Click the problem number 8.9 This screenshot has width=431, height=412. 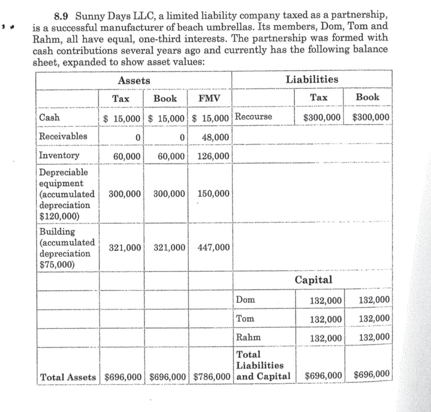pos(64,17)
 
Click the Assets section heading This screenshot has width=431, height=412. pos(134,81)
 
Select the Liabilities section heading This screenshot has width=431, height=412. pos(311,79)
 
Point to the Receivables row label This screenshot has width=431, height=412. pos(63,136)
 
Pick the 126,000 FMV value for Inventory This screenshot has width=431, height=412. pos(213,156)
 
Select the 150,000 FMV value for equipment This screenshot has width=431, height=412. pos(213,194)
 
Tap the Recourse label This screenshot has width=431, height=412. pos(254,117)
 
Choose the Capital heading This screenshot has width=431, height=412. pos(313,279)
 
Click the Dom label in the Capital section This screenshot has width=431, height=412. pos(246,300)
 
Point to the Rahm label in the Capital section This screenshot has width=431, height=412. pos(249,337)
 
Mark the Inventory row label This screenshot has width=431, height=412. pos(59,155)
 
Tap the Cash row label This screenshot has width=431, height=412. pos(50,117)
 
